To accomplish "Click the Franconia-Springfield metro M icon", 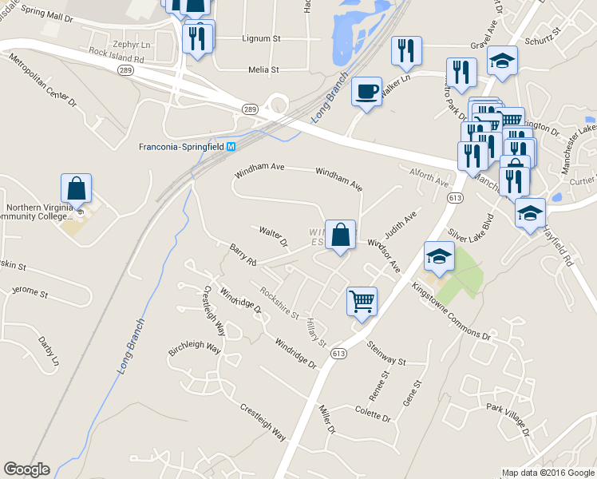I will [231, 147].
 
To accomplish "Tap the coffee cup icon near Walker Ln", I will [366, 92].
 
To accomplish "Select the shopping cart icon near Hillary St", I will [362, 301].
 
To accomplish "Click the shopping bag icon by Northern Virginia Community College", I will [76, 189].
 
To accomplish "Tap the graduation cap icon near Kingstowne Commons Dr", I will [439, 255].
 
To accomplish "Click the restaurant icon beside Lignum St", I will [197, 37].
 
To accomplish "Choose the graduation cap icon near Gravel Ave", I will [502, 60].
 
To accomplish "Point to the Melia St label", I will [263, 70].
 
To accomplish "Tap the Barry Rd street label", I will [243, 255].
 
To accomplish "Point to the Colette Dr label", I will [373, 415].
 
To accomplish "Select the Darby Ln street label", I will [49, 351].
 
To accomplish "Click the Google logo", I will [26, 469].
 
